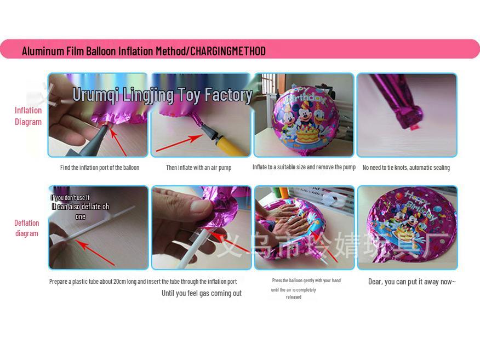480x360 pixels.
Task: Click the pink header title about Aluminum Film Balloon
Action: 144,52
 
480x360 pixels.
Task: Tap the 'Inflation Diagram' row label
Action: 28,116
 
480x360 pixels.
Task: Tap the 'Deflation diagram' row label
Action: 27,228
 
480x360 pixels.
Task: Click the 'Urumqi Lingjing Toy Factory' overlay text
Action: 162,95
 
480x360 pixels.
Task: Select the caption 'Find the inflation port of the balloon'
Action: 100,168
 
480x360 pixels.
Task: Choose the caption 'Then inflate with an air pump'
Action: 198,168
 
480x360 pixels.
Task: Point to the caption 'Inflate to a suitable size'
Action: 304,167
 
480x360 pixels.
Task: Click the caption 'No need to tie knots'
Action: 406,168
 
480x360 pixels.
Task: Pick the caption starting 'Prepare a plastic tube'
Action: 143,282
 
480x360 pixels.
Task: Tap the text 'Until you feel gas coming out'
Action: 201,293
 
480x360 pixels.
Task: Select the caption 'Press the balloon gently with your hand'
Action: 306,281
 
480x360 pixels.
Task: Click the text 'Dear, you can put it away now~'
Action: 412,282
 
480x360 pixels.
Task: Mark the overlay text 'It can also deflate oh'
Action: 81,207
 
